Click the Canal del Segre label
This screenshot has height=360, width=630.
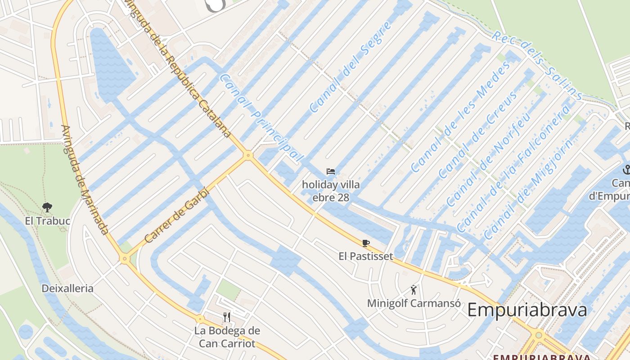click(x=345, y=67)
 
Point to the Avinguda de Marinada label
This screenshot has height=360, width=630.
click(x=85, y=180)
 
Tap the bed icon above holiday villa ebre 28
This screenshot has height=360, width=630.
click(x=331, y=171)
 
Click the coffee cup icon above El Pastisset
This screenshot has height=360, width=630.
click(x=366, y=243)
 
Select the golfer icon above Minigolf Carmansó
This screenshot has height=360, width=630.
click(x=414, y=290)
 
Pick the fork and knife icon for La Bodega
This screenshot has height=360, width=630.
click(x=227, y=317)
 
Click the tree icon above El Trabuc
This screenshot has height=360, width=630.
click(x=47, y=207)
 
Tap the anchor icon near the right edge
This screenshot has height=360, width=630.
click(x=626, y=170)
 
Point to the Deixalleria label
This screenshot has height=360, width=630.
click(x=67, y=288)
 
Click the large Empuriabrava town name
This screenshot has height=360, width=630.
click(x=527, y=310)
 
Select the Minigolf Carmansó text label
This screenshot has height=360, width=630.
click(x=414, y=303)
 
